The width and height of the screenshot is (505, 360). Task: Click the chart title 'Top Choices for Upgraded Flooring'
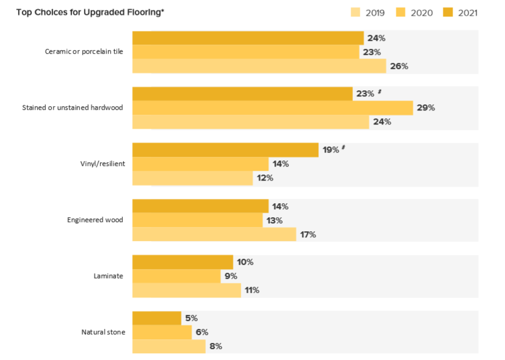(x=90, y=12)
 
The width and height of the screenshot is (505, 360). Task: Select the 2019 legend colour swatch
(x=355, y=12)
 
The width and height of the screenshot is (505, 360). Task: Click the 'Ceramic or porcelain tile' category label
(x=84, y=52)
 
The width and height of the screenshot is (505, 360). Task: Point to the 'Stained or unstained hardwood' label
(x=73, y=107)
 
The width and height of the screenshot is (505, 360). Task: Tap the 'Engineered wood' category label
(x=95, y=220)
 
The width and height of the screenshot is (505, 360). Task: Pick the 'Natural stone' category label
(x=103, y=332)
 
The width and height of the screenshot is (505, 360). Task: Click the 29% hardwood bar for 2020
(x=272, y=108)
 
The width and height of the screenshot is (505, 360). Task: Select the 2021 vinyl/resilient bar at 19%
(x=225, y=150)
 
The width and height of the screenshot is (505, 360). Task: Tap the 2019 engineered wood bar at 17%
(x=214, y=234)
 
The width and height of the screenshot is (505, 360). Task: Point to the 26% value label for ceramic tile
(x=399, y=66)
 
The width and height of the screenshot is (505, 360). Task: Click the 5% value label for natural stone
(x=191, y=318)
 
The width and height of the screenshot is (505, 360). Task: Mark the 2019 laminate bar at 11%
(x=186, y=290)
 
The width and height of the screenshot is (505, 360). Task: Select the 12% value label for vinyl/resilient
(x=265, y=178)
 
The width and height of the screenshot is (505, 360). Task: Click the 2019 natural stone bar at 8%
(x=169, y=346)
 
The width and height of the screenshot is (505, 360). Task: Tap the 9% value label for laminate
(x=232, y=276)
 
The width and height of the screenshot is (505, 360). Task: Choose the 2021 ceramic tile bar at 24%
(x=248, y=38)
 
